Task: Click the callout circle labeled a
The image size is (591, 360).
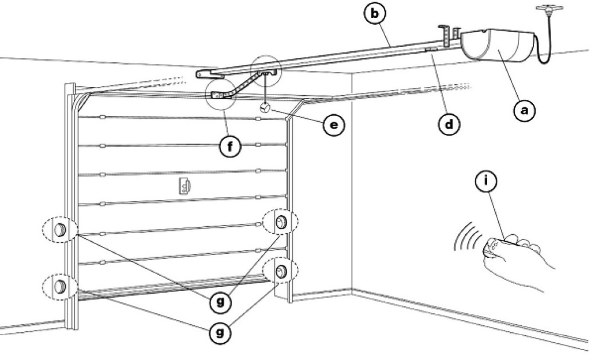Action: click(x=525, y=110)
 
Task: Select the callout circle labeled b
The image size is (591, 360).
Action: click(x=375, y=14)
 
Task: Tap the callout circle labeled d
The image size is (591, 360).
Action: click(x=449, y=123)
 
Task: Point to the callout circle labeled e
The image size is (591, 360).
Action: click(x=334, y=125)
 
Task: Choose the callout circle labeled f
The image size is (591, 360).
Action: click(x=230, y=146)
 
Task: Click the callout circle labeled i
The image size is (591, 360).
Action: click(x=486, y=181)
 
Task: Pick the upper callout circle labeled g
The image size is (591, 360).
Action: click(x=220, y=302)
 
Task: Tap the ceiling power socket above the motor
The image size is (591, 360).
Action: click(x=549, y=8)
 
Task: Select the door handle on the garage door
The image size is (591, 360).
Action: click(x=185, y=186)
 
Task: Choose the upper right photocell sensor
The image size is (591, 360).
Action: click(x=281, y=222)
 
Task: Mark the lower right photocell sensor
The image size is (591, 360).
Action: click(x=281, y=271)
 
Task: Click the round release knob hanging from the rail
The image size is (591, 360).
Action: click(x=265, y=108)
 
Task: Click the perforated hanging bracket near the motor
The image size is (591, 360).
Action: click(x=446, y=36)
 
